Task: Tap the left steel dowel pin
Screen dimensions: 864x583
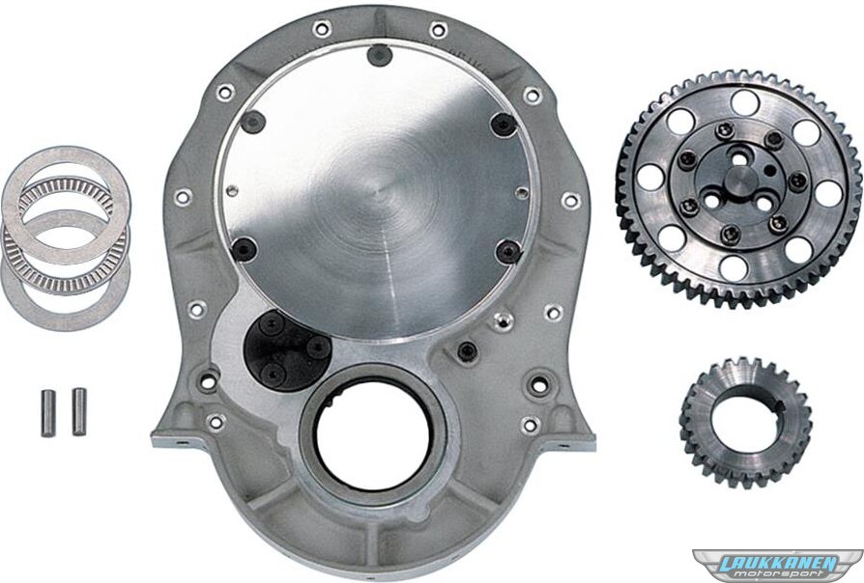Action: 48,412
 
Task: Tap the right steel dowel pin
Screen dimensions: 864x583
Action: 79,411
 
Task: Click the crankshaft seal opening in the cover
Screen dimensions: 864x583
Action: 364,436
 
